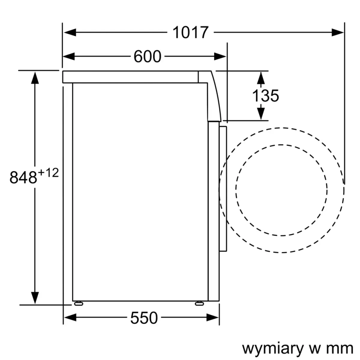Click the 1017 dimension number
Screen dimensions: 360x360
point(190,32)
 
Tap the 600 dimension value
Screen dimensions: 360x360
point(147,57)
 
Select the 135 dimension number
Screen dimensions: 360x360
point(265,96)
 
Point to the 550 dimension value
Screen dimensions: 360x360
point(144,318)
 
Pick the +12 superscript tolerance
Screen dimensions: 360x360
point(48,173)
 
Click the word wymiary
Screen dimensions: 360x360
point(270,348)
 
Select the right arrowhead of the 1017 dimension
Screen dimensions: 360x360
point(338,32)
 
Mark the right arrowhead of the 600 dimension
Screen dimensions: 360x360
point(220,57)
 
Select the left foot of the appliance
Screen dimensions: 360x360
point(78,303)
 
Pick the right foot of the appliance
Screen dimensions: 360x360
point(199,303)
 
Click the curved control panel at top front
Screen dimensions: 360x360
point(212,95)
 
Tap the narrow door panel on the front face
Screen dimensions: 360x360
point(223,189)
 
